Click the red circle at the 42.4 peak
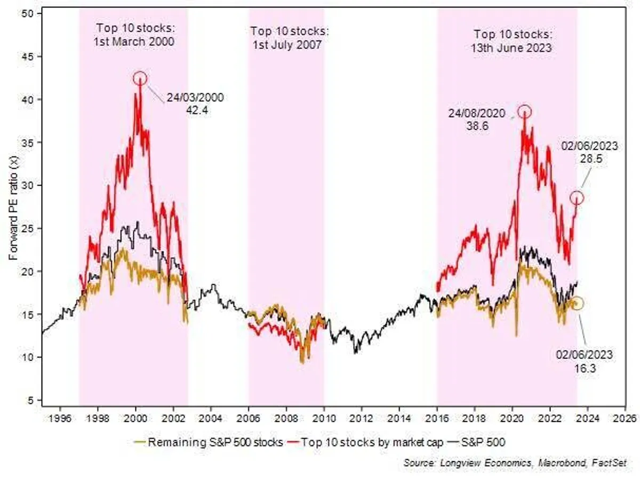click(140, 78)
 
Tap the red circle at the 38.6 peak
click(525, 111)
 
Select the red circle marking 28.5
click(577, 198)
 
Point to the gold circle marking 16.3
click(578, 303)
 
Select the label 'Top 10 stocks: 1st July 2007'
click(286, 37)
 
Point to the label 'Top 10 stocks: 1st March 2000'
click(135, 34)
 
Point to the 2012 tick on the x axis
click(362, 419)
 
